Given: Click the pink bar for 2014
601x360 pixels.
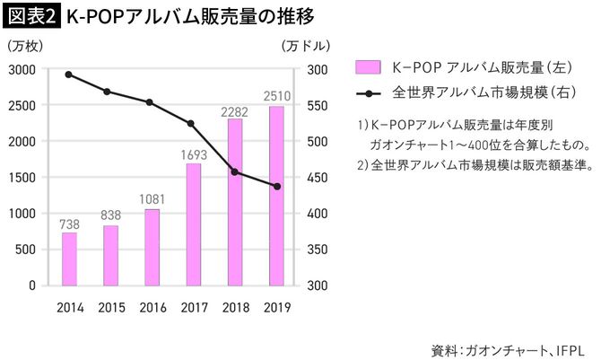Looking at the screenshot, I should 69,259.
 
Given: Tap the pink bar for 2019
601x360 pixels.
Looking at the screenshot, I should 276,196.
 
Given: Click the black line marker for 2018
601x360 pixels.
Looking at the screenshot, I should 235,171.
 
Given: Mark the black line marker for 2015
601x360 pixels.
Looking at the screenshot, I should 108,92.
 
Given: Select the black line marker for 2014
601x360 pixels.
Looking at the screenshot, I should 69,75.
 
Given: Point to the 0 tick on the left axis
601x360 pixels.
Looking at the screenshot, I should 30,285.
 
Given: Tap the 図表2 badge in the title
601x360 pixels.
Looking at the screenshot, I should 30,16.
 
